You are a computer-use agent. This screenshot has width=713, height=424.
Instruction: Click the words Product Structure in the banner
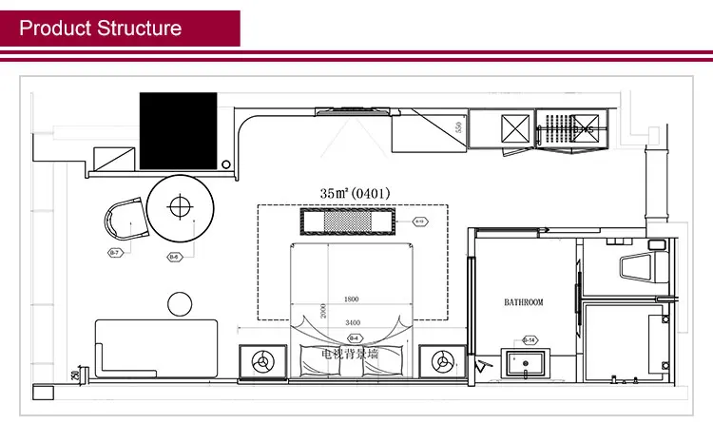click(x=101, y=28)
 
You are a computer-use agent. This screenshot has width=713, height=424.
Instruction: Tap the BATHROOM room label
click(x=523, y=302)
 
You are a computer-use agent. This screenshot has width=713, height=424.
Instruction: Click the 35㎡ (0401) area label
click(x=355, y=193)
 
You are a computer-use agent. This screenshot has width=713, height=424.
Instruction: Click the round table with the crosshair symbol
click(x=181, y=207)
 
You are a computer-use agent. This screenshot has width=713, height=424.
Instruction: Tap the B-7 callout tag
click(x=113, y=253)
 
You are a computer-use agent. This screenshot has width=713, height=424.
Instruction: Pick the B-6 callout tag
click(x=174, y=257)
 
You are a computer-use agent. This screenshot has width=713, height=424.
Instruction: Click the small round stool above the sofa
click(x=181, y=304)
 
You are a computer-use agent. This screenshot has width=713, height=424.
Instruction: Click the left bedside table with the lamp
click(x=261, y=361)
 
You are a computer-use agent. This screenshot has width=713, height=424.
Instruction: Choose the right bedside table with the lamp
click(x=442, y=361)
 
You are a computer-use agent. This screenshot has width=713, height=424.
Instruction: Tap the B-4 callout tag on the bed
click(x=354, y=338)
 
